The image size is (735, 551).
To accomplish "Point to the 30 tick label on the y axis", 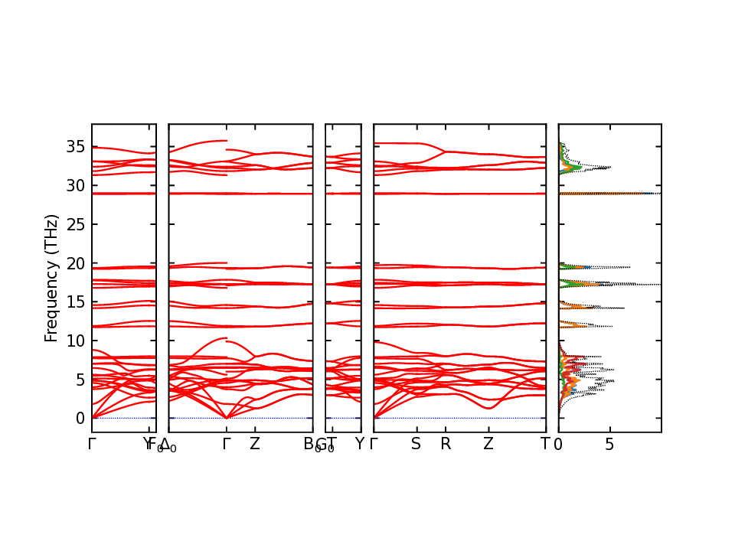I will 77,185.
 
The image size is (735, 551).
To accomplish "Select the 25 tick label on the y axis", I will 77,224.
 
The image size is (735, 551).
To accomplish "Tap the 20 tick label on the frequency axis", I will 77,263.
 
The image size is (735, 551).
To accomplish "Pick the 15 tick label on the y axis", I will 77,302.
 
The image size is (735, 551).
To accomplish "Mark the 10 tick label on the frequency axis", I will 77,341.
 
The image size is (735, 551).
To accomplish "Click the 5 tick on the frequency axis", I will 80,380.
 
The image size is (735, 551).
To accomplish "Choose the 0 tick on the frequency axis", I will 80,419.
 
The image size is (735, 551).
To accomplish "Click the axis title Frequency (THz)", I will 51,278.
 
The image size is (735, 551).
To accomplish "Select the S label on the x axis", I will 416,444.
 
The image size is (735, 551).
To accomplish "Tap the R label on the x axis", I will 446,444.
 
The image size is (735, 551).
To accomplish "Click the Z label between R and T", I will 488,444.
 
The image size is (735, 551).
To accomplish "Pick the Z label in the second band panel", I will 255,444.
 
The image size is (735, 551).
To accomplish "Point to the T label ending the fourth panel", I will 545,444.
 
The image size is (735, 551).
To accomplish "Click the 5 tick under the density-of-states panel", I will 609,444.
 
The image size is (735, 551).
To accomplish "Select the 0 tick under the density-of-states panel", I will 558,444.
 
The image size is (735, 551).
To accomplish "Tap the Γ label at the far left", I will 92,444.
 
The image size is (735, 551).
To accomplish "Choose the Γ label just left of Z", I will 227,444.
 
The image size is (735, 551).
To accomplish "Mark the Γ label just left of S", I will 374,444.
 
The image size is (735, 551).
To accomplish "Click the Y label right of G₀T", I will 359,444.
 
